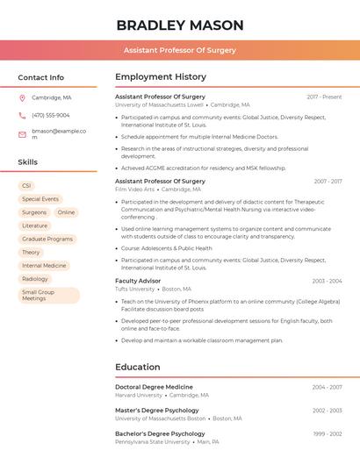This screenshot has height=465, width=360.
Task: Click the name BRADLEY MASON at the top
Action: click(x=179, y=25)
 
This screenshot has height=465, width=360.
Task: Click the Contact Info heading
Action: click(x=41, y=77)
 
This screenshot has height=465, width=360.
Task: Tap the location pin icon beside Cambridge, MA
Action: click(x=22, y=97)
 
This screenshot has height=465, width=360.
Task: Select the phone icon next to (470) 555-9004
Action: click(x=22, y=115)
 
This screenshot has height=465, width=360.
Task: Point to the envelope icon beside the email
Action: click(x=22, y=134)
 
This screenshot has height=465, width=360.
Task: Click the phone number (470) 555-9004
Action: click(x=51, y=115)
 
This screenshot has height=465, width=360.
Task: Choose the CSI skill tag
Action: click(x=26, y=186)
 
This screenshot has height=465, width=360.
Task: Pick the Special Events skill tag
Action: click(x=40, y=199)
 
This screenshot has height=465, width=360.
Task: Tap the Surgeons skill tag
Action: click(x=34, y=212)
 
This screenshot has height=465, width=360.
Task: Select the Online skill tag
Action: click(x=67, y=212)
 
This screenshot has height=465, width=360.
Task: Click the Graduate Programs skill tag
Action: click(x=47, y=239)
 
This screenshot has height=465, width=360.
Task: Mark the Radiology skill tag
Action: click(x=35, y=278)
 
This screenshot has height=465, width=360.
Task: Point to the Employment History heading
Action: click(x=161, y=77)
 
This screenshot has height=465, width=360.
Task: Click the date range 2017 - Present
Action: click(x=324, y=97)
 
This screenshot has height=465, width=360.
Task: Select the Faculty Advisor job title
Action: click(x=138, y=281)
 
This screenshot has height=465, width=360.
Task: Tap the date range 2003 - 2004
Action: click(x=327, y=281)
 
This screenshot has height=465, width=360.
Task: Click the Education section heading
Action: click(x=138, y=367)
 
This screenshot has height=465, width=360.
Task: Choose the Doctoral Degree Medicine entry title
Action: click(x=154, y=387)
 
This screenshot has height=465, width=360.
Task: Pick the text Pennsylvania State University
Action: click(x=152, y=441)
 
